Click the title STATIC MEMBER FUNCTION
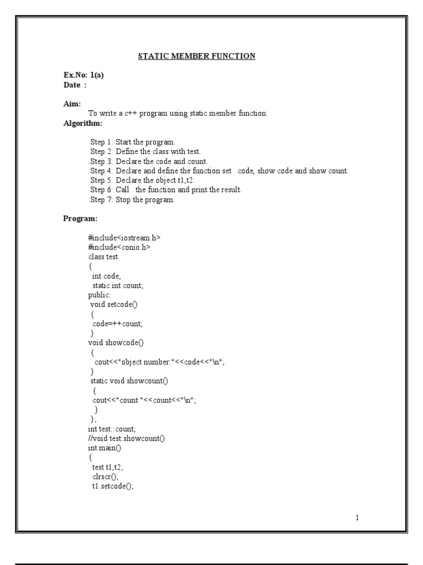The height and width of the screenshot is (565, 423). coord(196,56)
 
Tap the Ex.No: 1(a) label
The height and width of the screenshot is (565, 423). coord(84,76)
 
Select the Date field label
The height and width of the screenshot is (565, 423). coord(75,85)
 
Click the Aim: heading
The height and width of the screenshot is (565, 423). coord(72,104)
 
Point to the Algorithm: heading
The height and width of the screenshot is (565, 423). coord(83,122)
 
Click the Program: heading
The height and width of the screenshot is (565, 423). coord(80,218)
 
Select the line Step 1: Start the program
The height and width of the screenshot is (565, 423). coord(132,142)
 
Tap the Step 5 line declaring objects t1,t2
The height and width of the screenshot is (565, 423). coord(143,180)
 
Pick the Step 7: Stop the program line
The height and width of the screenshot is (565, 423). coord(132,200)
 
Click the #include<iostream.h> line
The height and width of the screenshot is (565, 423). coord(124,238)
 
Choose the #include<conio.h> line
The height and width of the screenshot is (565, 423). coord(119,247)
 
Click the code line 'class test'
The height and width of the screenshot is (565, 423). coord(103,257)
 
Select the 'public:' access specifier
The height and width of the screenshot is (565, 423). coord(99,295)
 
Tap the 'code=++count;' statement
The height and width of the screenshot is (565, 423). coord(121,324)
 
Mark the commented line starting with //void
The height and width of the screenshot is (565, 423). coord(126,438)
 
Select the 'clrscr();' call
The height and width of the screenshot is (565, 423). coord(105,477)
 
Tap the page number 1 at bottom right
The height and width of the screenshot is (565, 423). coord(357,518)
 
